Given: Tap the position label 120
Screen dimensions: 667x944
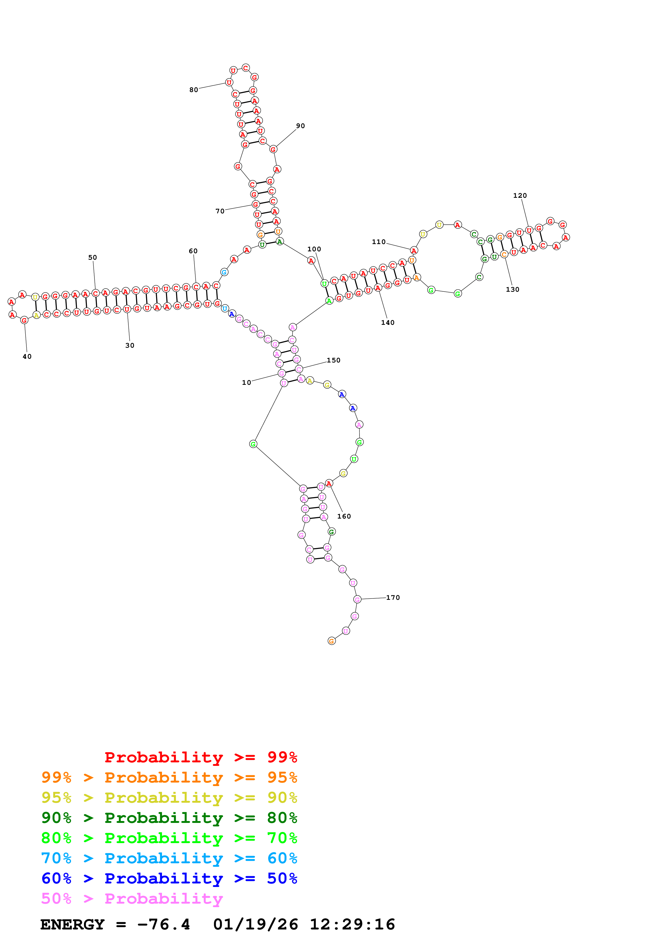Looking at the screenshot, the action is click(x=520, y=196).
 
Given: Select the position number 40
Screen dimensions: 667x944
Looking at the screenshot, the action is click(x=27, y=357).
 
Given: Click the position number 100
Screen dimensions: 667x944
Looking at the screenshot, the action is click(x=314, y=249).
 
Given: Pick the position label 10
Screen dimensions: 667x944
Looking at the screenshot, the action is click(x=246, y=382).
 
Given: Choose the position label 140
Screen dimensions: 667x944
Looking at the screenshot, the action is click(x=387, y=323).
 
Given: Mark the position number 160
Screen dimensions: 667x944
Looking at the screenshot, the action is click(x=344, y=516).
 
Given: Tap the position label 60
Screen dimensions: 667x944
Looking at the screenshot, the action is click(x=193, y=251).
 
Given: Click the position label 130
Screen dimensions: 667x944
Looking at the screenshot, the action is click(x=513, y=290).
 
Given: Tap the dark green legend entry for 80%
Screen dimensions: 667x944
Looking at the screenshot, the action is click(x=169, y=818).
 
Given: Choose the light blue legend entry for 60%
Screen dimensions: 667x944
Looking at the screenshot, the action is click(x=169, y=858).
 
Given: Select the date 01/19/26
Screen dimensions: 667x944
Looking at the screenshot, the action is click(x=256, y=924).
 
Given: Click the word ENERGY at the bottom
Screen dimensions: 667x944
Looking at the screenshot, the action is click(x=72, y=924).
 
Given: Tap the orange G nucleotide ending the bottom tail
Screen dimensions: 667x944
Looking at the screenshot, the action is click(x=332, y=641).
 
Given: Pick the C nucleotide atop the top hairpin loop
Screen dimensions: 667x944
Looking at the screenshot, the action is click(x=246, y=68).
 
